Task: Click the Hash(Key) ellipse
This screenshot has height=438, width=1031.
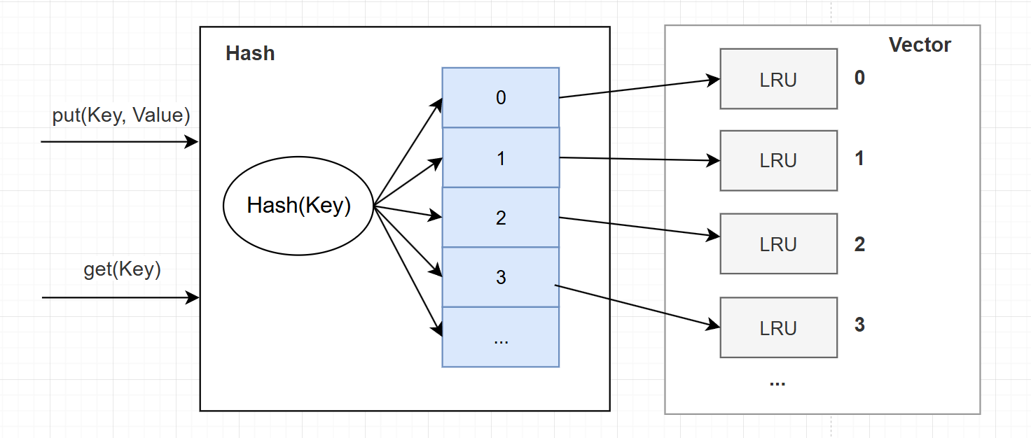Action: tap(298, 206)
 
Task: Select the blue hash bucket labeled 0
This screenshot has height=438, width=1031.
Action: tap(500, 98)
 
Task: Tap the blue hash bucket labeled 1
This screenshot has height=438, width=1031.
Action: tap(500, 158)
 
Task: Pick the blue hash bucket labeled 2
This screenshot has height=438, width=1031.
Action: tap(500, 218)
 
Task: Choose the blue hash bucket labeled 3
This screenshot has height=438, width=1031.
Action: tap(500, 277)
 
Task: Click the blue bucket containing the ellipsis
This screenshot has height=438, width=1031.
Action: tap(500, 337)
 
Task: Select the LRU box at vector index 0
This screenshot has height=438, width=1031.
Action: tap(778, 79)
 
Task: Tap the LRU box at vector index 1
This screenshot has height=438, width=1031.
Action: tap(778, 160)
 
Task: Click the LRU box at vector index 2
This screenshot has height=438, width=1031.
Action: tap(778, 243)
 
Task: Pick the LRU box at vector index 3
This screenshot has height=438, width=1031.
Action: tap(778, 327)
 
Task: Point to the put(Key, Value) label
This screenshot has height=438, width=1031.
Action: tap(121, 115)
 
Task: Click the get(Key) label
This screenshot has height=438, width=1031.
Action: tap(122, 269)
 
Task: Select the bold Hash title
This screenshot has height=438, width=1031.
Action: tap(250, 54)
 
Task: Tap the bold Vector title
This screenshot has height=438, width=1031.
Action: tap(920, 45)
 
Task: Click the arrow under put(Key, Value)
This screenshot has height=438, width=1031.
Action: tap(119, 142)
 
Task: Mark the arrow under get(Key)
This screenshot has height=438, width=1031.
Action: tap(119, 298)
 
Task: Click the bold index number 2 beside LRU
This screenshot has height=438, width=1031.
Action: tap(859, 244)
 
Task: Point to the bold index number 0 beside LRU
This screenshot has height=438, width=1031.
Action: tap(859, 78)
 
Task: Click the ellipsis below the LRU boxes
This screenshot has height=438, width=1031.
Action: tap(777, 383)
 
